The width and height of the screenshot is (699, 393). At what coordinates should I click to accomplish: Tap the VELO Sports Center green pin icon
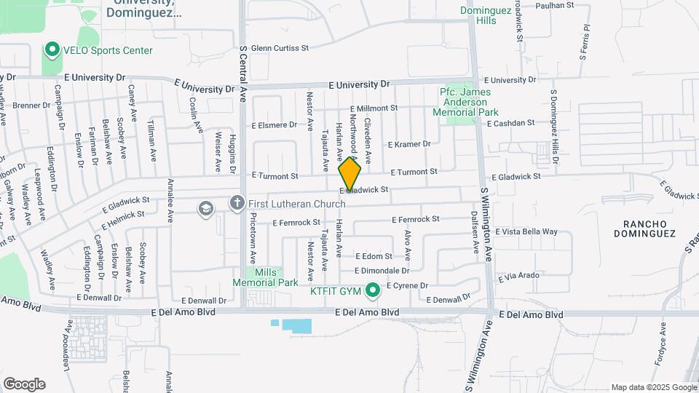point(52,50)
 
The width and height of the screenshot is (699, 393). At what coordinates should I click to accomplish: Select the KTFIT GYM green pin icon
point(374,291)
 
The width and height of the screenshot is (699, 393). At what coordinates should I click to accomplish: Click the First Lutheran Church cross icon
point(237,203)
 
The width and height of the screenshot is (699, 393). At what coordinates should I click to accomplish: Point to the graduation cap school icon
point(206,209)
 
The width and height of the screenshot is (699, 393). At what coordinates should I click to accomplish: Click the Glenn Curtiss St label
point(280,48)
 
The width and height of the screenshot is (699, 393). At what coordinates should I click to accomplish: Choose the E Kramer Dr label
point(409,144)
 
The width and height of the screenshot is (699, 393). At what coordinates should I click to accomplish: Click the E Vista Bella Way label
point(526,231)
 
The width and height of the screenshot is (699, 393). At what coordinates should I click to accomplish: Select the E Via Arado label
point(518,276)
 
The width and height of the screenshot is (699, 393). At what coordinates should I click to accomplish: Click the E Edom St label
point(374,256)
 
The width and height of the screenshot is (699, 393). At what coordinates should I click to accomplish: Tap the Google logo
point(24,384)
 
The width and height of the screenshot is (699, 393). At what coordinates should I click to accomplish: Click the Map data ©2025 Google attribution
point(653,387)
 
